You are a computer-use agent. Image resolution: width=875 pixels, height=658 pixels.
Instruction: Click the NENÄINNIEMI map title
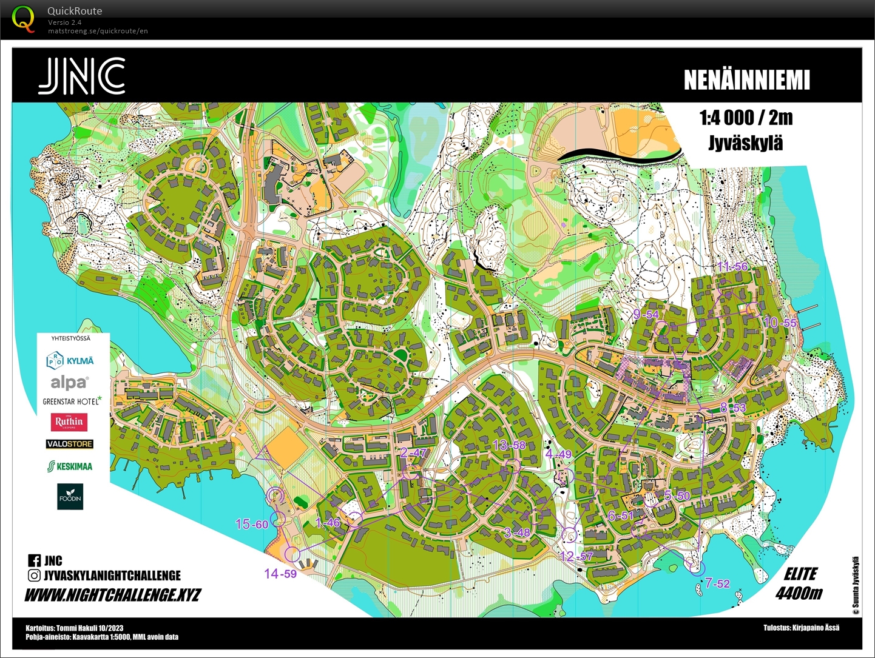[x=746, y=80]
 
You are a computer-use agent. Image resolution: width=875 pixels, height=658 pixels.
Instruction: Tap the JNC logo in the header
[x=82, y=76]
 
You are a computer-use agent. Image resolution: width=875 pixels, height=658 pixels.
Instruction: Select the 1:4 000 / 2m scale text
[x=746, y=118]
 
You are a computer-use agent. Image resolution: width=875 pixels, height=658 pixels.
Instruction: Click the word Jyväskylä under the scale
[x=746, y=143]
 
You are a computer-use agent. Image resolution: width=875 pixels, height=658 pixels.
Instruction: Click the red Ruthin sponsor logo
[x=69, y=421]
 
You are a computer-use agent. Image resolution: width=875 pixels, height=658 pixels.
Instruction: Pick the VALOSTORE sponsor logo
[x=70, y=444]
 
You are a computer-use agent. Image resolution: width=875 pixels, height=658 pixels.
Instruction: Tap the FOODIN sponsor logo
[x=70, y=497]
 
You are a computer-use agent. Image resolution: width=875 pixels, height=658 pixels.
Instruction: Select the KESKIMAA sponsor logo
[x=70, y=466]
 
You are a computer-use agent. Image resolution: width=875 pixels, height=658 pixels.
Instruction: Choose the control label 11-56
[x=732, y=266]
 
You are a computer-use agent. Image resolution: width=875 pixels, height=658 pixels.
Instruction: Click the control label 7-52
[x=717, y=583]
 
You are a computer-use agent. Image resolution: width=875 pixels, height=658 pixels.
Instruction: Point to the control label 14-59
[x=280, y=573]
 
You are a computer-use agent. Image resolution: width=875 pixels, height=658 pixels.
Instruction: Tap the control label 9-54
[x=646, y=314]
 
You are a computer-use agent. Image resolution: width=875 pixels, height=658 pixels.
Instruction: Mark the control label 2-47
[x=414, y=452]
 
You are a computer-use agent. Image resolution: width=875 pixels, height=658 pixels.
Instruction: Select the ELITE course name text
[x=800, y=574]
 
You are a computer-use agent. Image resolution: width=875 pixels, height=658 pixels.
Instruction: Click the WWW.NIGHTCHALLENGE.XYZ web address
[x=112, y=595]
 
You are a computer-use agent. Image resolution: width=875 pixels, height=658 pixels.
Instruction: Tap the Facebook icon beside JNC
[x=34, y=561]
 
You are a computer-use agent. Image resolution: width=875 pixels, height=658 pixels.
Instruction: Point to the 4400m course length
[x=799, y=593]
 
